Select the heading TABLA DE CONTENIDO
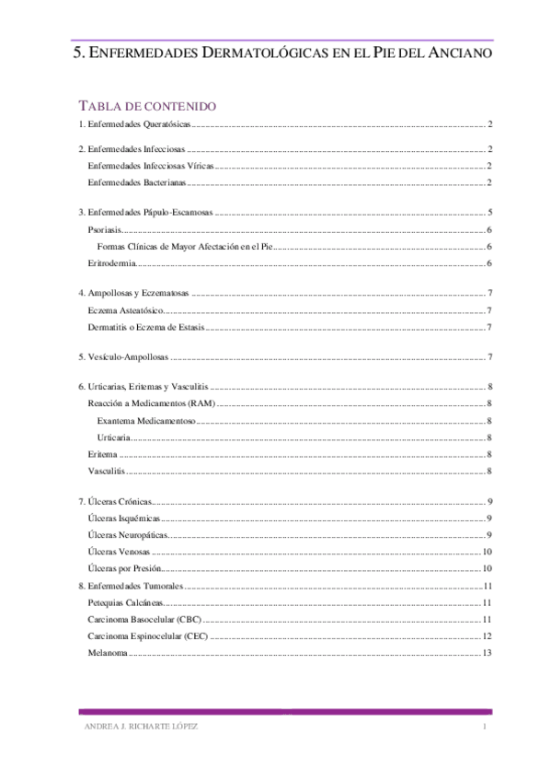click(148, 107)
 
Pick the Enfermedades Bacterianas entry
click(135, 183)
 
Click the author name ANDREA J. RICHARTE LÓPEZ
click(139, 728)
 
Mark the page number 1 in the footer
click(483, 728)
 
